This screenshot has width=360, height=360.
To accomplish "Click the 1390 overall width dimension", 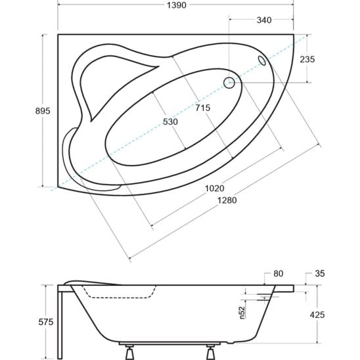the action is [176, 5].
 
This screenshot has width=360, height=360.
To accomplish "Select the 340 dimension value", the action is [264, 20].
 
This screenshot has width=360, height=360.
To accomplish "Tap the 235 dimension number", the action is [307, 60].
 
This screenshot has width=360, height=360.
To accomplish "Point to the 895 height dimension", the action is [43, 111].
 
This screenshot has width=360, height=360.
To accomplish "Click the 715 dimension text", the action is [203, 108].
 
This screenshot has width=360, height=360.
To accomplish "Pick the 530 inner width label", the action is [170, 122].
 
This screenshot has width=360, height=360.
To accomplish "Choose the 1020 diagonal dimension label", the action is [214, 189].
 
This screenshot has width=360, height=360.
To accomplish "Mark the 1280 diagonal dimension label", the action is [227, 200].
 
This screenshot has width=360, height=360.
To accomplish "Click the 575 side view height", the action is [46, 322].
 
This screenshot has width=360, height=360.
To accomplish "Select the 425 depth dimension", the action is [317, 315].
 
